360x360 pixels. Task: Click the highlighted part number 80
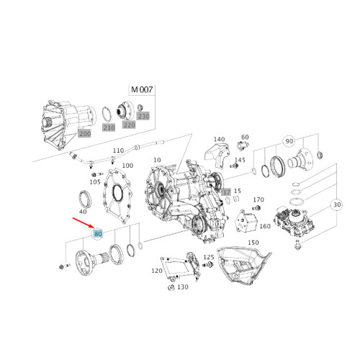pos(99,234)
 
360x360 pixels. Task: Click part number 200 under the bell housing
pos(85,134)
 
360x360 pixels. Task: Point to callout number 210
pos(109,127)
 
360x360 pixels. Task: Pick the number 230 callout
pos(143,116)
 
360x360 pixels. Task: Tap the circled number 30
pos(336,204)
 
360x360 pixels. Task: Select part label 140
pos(220,139)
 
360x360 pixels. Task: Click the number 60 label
pos(245,137)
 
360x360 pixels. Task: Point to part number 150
pos(253,243)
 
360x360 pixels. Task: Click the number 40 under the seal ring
pos(84,212)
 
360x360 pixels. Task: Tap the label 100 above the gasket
pos(127,166)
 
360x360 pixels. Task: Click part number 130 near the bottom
pos(183,287)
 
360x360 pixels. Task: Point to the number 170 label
pos(259,199)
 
